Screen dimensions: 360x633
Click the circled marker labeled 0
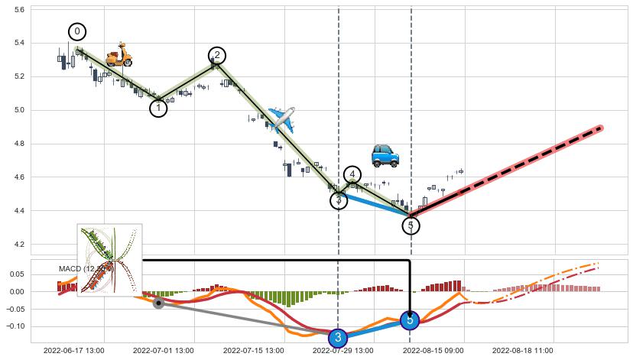point(77,31)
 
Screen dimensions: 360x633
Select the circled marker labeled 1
point(158,108)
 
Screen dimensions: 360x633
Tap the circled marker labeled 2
point(217,55)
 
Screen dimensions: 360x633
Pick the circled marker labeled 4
point(352,175)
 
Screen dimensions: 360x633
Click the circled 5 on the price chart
point(411,225)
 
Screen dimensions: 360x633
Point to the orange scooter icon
point(118,55)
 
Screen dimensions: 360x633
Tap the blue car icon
point(385,154)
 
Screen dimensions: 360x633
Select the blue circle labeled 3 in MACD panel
point(338,337)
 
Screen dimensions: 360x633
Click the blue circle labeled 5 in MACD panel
point(410,320)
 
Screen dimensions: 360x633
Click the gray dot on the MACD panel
point(158,303)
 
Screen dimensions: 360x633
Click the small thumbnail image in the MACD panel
point(109,259)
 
